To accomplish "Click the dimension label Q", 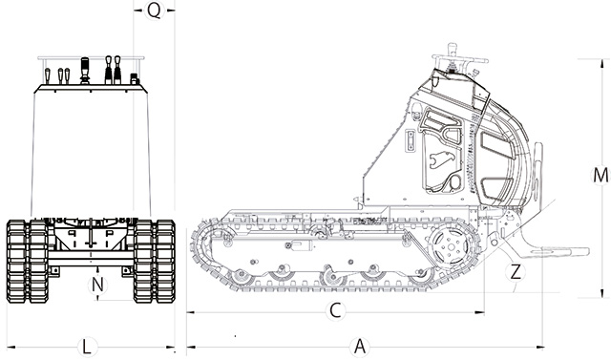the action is tap(155, 11).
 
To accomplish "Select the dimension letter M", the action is tap(600, 176).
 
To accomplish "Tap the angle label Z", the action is tap(516, 271).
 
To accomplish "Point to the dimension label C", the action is tap(335, 311).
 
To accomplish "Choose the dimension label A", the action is tap(361, 346).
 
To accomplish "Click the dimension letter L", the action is tap(87, 347).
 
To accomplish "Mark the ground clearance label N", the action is tap(97, 285).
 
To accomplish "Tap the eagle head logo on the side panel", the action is tap(439, 159).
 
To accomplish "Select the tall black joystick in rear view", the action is tap(85, 71).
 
